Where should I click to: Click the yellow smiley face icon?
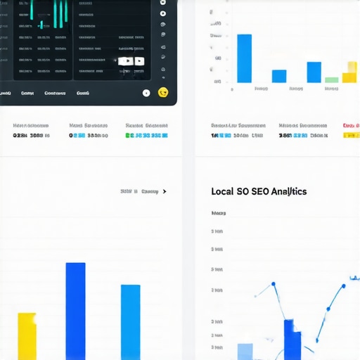[x=164, y=92]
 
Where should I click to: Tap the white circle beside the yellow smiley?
[x=146, y=93]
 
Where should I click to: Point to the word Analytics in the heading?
[x=290, y=191]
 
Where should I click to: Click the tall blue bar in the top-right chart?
[x=244, y=58]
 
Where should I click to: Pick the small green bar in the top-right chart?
[x=331, y=80]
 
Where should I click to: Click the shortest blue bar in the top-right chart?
[x=279, y=76]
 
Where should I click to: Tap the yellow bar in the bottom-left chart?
[x=27, y=335]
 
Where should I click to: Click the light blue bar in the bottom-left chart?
[x=130, y=321]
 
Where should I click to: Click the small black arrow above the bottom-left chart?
[x=165, y=191]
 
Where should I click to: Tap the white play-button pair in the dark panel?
[x=131, y=61]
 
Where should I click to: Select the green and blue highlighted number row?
[x=146, y=135]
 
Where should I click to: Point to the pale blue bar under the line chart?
[x=245, y=351]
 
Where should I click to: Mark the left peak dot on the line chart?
[x=272, y=285]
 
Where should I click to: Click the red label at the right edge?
[x=350, y=126]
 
